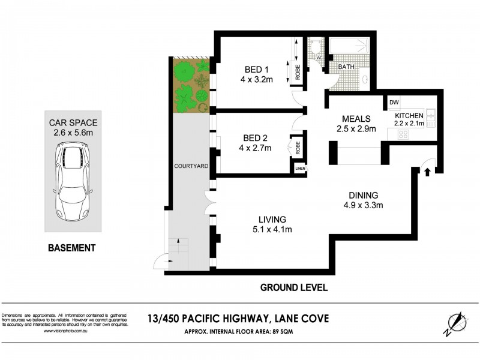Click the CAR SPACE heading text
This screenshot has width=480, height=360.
pyautogui.click(x=74, y=123)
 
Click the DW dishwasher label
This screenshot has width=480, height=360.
pyautogui.click(x=394, y=103)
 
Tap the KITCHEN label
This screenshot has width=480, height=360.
pyautogui.click(x=409, y=115)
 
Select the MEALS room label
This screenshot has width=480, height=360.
pyautogui.click(x=356, y=118)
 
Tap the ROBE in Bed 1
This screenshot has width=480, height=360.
pyautogui.click(x=298, y=71)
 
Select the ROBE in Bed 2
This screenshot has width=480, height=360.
pyautogui.click(x=296, y=147)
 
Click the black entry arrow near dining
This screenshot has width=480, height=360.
pyautogui.click(x=427, y=173)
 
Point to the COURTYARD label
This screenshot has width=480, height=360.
pyautogui.click(x=191, y=166)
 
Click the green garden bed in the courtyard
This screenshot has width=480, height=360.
pyautogui.click(x=191, y=85)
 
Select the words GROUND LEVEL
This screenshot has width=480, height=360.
pyautogui.click(x=293, y=288)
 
